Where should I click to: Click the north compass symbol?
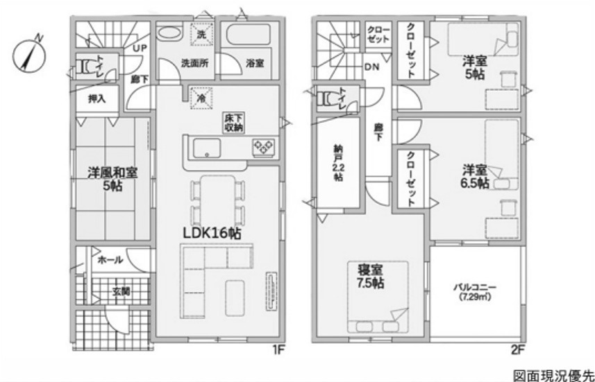point(29,55)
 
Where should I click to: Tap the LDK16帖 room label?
point(212,234)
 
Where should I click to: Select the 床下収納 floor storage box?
point(233,123)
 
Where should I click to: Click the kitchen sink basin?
point(207,148)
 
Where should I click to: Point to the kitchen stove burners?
point(264,147)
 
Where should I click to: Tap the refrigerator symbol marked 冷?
point(201,98)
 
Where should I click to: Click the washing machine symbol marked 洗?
point(201,34)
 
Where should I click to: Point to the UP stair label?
point(140,49)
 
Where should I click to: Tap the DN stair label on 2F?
point(372,67)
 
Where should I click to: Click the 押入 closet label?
point(97,99)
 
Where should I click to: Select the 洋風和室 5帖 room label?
point(112,179)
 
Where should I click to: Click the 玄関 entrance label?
point(121,291)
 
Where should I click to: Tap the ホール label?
point(110,260)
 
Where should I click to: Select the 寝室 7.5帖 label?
point(370,276)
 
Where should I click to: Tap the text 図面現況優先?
point(553,376)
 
